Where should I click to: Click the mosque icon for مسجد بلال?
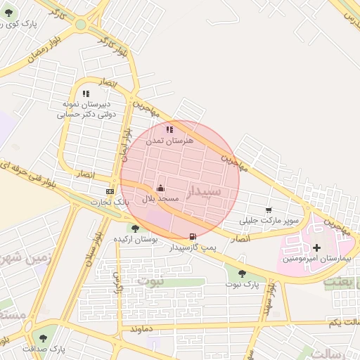(x=161, y=188)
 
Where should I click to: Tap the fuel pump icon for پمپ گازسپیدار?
(x=193, y=236)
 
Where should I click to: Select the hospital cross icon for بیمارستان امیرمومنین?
(x=316, y=247)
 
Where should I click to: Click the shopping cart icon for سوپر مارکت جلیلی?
(x=269, y=210)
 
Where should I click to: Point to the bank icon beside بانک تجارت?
(x=110, y=191)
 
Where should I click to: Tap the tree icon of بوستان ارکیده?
(x=134, y=229)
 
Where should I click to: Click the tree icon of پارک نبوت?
(x=242, y=274)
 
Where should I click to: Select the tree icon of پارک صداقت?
(x=44, y=338)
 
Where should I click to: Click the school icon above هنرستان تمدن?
(x=169, y=129)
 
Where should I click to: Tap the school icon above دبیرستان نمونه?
(x=86, y=93)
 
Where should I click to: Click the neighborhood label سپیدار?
(x=205, y=191)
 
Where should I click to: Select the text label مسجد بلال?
(x=161, y=199)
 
